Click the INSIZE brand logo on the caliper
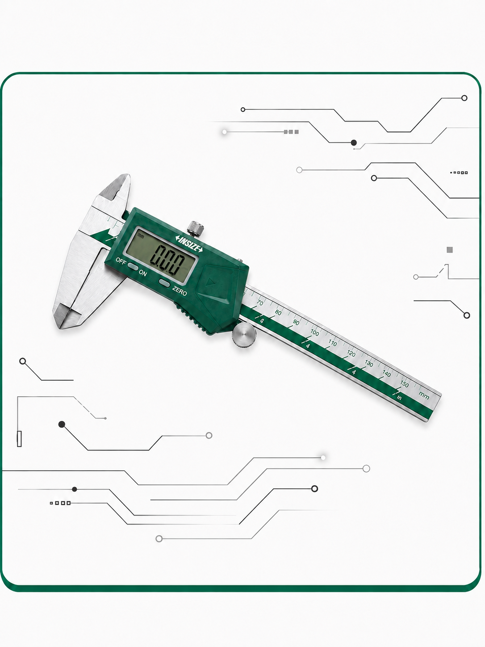coord(189,244)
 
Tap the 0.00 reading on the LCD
coord(167,260)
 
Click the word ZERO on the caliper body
coord(180,290)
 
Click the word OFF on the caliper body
coord(121,260)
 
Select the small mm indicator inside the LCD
coord(141,235)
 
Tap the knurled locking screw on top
coord(195,229)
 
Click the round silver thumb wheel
coord(244,335)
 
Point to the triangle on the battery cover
coord(209,282)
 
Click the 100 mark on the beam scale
coord(314,333)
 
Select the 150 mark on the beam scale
coord(404,384)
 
